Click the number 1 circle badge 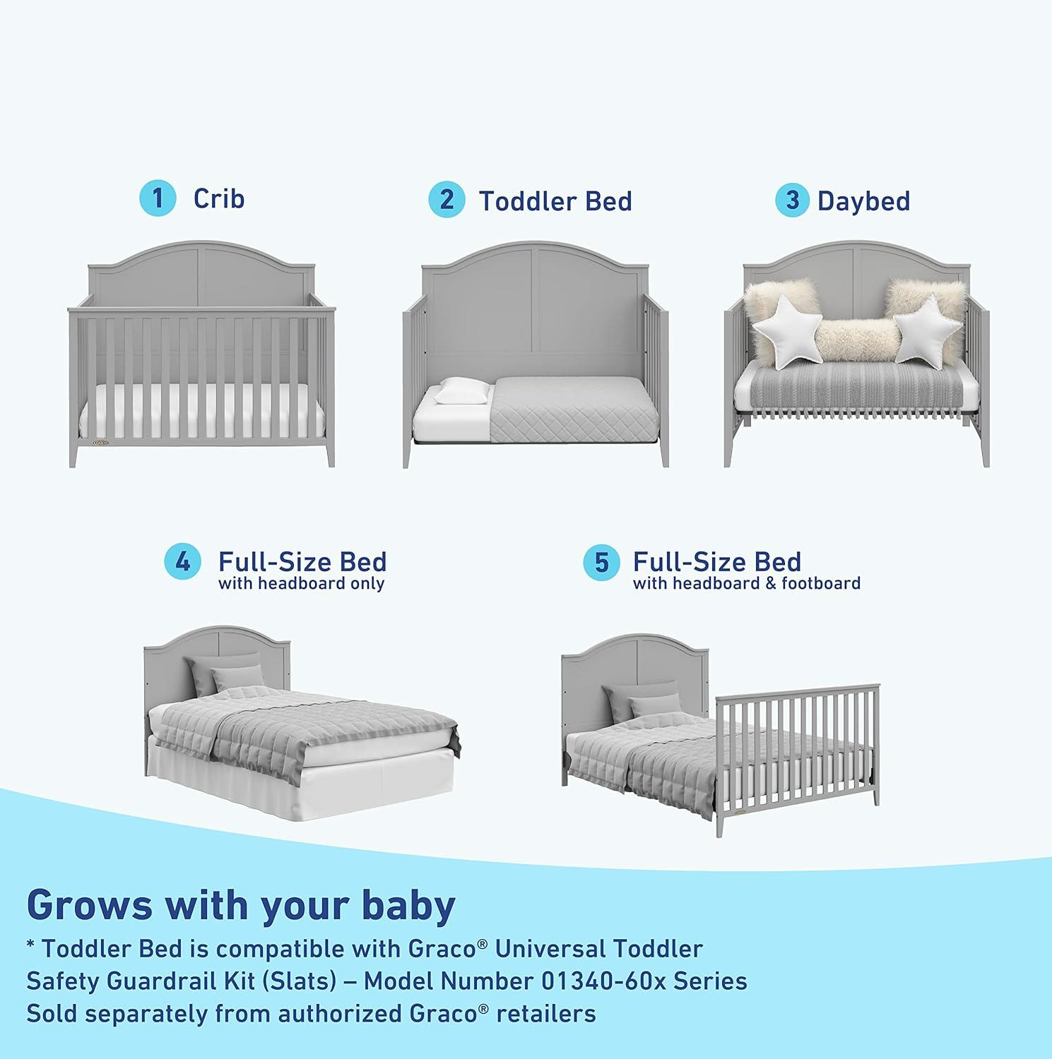[158, 198]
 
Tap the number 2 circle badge [447, 200]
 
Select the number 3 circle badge [793, 201]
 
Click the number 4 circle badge [182, 563]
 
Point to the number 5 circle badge [601, 563]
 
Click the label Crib [219, 198]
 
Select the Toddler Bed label [555, 201]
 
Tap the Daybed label [863, 201]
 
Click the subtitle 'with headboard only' [302, 584]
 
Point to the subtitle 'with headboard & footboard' [746, 584]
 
